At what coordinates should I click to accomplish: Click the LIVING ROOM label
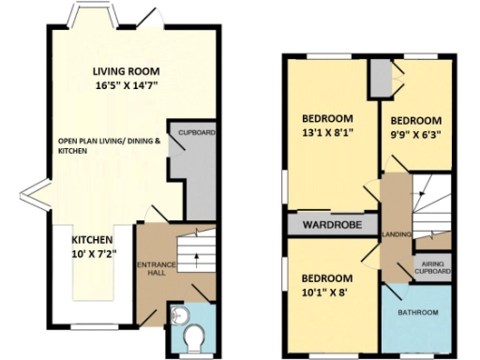coord(126,71)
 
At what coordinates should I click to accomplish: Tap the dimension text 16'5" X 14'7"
coord(126,85)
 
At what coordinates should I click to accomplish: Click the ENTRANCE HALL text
coord(151,269)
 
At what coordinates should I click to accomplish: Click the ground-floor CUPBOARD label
coord(197,133)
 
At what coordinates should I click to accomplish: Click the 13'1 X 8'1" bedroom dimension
coord(328,133)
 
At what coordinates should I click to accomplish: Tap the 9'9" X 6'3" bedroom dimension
coord(414,134)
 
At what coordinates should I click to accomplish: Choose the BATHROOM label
coord(417,312)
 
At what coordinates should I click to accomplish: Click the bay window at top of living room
coord(91,19)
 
